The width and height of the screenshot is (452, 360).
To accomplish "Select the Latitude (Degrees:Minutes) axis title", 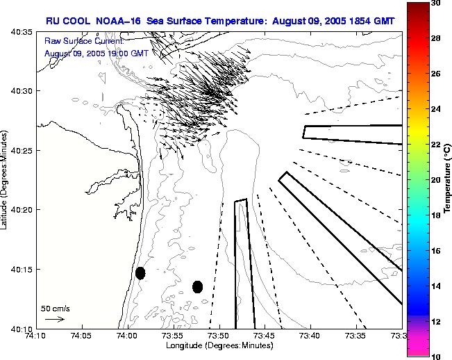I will pos(6,179).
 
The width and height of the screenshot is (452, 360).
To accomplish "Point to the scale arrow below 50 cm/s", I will pos(55,320).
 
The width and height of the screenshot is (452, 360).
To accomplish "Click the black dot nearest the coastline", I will pos(140,273).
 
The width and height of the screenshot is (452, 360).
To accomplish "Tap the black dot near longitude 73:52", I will pos(197,286).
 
